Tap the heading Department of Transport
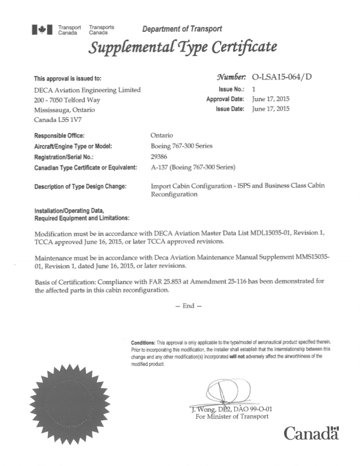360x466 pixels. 182,29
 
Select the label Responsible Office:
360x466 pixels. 59,136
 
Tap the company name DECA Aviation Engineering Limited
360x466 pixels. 88,89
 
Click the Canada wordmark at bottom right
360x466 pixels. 312,434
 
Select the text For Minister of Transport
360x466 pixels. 232,417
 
